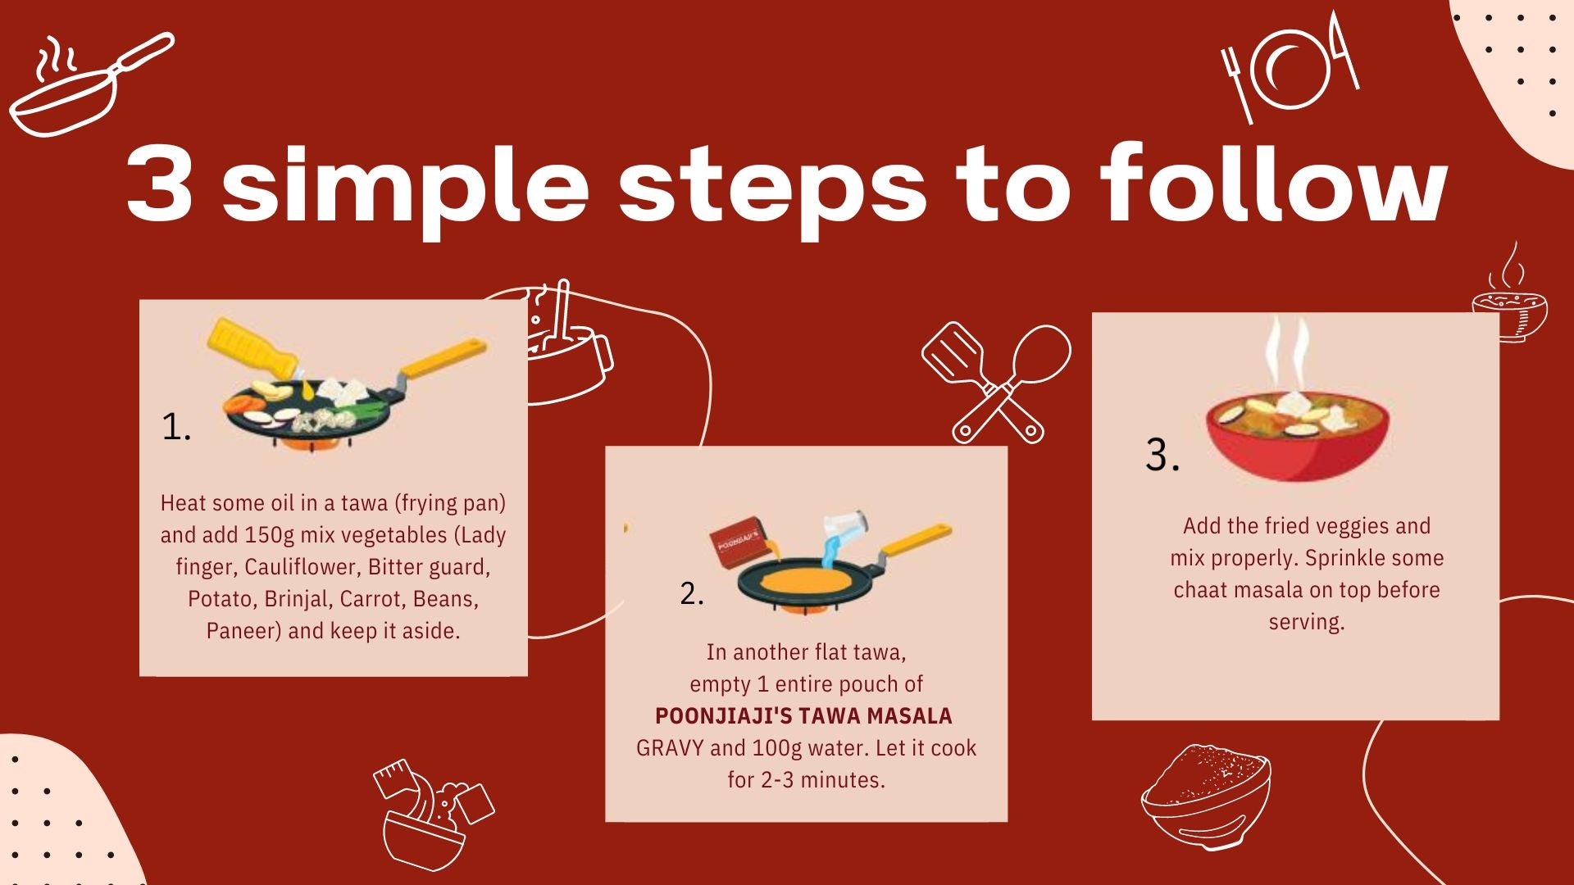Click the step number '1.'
pyautogui.click(x=176, y=427)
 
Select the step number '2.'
pyautogui.click(x=692, y=593)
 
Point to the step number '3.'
pyautogui.click(x=1162, y=455)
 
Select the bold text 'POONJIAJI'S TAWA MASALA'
pyautogui.click(x=803, y=716)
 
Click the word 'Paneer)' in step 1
pyautogui.click(x=243, y=631)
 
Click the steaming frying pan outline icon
pyautogui.click(x=90, y=86)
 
